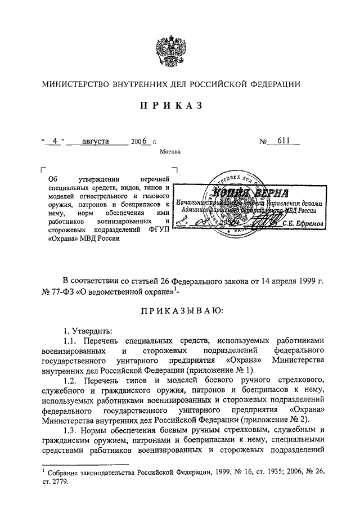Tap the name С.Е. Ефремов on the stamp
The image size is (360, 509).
pos(302,223)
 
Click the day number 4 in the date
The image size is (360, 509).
pos(55,142)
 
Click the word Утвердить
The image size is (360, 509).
pos(85,330)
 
